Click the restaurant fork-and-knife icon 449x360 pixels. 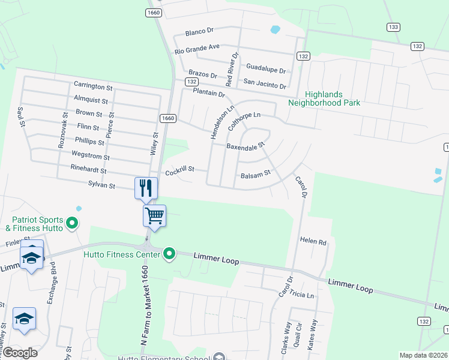(x=146, y=188)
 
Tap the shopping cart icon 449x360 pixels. (x=155, y=215)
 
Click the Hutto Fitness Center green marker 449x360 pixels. (x=169, y=255)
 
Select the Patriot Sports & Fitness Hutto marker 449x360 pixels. (x=72, y=224)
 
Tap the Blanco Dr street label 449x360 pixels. (x=200, y=31)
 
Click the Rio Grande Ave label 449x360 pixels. (x=197, y=48)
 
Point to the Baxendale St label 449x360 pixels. (x=246, y=146)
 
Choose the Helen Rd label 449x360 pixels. (x=313, y=241)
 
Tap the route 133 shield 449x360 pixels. (x=393, y=27)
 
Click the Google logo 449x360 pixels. (x=20, y=353)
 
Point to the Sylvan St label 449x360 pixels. (x=101, y=185)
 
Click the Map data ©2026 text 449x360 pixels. (x=423, y=355)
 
